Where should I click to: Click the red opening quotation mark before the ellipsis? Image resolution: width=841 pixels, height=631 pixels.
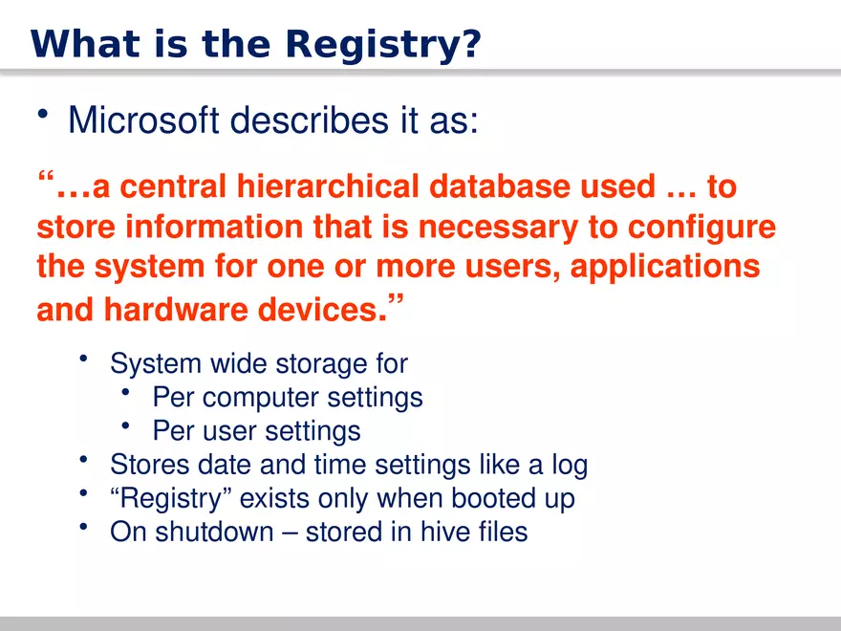coord(44,180)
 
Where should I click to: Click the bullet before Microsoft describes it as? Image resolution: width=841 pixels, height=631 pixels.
coord(43,116)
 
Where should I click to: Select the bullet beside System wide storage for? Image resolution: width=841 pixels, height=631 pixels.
coord(84,359)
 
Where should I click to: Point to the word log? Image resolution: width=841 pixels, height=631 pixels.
coord(570,466)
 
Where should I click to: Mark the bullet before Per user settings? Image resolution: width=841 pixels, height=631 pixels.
coord(126,426)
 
